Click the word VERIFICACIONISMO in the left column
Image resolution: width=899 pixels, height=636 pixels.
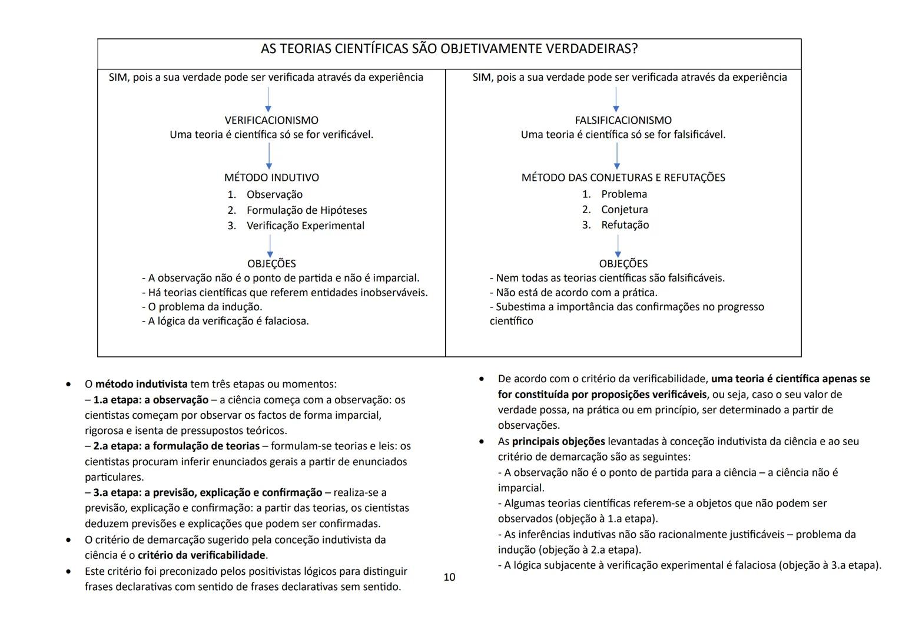271,120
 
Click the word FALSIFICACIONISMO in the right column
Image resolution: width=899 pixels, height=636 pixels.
623,120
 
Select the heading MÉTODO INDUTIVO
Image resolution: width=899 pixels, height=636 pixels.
271,177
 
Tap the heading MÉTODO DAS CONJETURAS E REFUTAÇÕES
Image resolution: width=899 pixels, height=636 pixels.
623,177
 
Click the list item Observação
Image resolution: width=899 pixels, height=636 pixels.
274,194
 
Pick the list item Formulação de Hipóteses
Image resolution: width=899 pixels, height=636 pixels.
306,210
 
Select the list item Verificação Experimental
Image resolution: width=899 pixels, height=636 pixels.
305,226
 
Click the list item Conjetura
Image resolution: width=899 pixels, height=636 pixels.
624,210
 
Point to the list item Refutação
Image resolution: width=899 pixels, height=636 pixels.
625,225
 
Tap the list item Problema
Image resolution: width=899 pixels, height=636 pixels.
623,194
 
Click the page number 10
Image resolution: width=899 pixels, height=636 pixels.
449,577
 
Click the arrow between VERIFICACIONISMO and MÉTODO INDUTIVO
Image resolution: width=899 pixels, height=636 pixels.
269,155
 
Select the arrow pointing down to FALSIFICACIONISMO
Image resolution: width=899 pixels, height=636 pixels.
616,100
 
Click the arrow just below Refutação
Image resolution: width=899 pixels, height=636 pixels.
618,246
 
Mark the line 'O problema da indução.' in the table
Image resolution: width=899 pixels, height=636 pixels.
202,307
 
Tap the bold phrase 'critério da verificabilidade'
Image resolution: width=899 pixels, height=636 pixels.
201,555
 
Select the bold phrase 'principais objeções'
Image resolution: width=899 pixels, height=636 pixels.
558,441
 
